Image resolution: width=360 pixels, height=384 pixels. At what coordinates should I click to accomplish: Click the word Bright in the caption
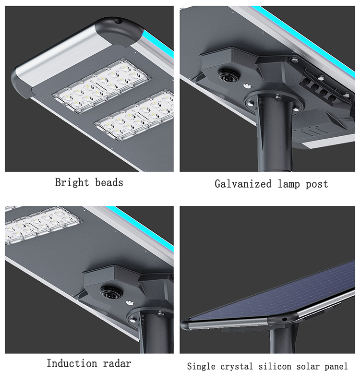tap(72, 183)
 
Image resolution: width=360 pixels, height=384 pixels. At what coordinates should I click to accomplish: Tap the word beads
tap(109, 182)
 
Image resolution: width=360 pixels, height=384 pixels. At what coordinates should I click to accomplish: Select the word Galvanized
tap(243, 184)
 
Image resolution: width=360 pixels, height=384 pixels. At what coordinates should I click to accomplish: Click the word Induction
tap(72, 363)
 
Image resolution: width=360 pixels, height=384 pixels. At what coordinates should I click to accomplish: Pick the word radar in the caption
tap(117, 364)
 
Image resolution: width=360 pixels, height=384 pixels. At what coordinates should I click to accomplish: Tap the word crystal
tap(236, 367)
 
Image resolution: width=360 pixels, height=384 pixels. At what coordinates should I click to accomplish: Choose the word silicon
tap(275, 366)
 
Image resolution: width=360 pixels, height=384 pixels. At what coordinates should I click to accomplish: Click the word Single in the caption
tap(201, 367)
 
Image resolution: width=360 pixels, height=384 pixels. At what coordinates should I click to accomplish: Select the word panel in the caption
tap(336, 367)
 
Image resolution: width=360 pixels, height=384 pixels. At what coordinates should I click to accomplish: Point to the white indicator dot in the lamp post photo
tap(247, 86)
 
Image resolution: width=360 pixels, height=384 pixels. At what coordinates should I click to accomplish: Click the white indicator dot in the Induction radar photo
tap(130, 303)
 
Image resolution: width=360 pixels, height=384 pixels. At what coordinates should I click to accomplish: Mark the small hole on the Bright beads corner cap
tap(119, 21)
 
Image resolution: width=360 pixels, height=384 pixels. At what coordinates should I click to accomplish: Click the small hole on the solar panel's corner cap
tap(284, 319)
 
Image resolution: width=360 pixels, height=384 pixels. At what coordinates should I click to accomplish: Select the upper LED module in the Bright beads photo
tap(101, 86)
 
